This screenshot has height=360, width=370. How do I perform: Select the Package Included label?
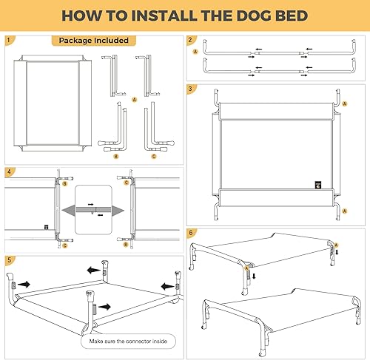pyautogui.click(x=94, y=40)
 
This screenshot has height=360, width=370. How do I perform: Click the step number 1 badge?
pyautogui.click(x=10, y=40)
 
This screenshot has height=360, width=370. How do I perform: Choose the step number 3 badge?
pyautogui.click(x=191, y=89)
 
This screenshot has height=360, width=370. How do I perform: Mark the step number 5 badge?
pyautogui.click(x=10, y=260)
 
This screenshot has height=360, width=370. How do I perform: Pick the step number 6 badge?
pyautogui.click(x=191, y=231)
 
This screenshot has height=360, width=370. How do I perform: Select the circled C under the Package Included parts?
pyautogui.click(x=153, y=156)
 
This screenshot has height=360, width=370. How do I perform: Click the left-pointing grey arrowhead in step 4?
pyautogui.click(x=67, y=211)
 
